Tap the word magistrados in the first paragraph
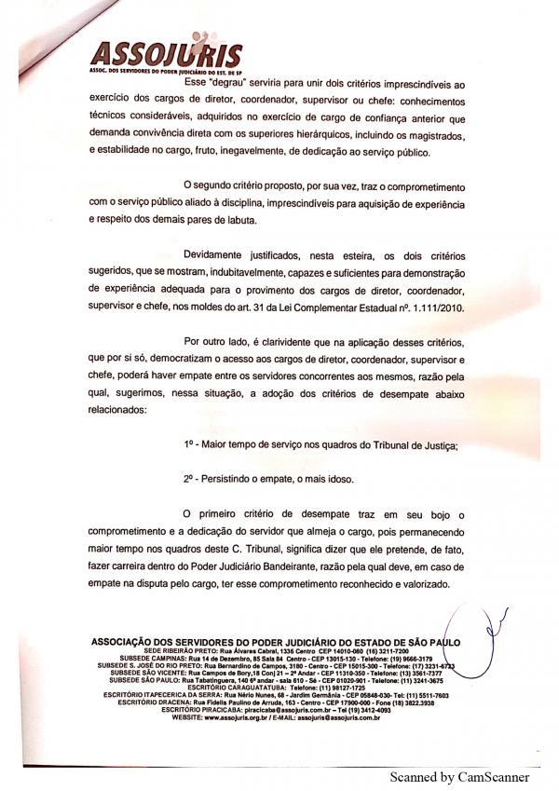tap(428, 135)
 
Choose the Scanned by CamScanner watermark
tap(459, 776)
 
